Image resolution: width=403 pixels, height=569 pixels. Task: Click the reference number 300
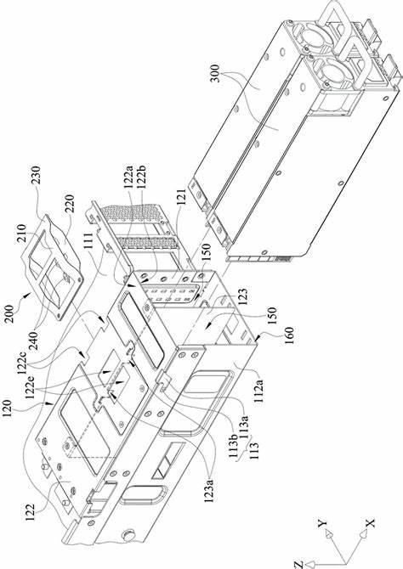(x=215, y=73)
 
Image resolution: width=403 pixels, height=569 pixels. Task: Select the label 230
(x=37, y=175)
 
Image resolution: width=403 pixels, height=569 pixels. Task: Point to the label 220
(x=69, y=204)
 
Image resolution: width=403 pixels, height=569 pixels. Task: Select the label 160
(x=288, y=335)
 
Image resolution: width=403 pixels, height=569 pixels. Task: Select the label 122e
(x=31, y=385)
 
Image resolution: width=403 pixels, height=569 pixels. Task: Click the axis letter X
(x=370, y=523)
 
